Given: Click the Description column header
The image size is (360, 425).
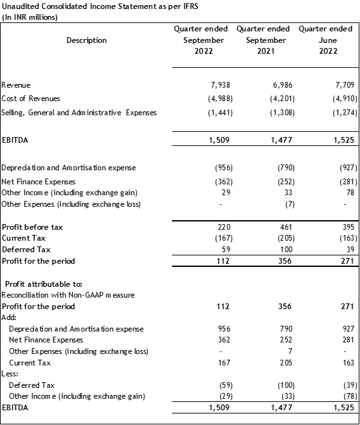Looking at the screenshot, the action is [87, 40].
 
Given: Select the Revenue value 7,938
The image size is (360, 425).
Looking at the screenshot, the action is [220, 85].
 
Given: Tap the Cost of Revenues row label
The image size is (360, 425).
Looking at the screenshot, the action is [31, 99].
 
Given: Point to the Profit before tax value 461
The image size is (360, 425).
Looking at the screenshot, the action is [286, 227].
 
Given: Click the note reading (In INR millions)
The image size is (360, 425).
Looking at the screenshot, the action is [29, 17].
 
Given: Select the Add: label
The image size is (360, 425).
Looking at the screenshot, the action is [9, 317].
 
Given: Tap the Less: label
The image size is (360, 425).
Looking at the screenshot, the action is [10, 374].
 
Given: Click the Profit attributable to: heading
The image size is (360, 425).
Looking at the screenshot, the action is [43, 284].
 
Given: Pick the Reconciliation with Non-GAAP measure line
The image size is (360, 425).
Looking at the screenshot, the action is [68, 295].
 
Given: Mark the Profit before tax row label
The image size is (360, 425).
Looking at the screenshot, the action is [32, 227].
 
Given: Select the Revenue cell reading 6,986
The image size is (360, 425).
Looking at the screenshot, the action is [283, 85].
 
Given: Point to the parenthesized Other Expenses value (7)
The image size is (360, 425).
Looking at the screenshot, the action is [290, 204].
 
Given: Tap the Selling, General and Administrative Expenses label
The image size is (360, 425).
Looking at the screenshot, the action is [79, 113].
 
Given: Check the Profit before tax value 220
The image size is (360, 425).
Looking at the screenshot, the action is [224, 227].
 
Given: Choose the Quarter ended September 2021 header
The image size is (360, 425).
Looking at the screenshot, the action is [263, 40].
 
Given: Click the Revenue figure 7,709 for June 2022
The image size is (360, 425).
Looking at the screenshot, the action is [345, 85].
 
